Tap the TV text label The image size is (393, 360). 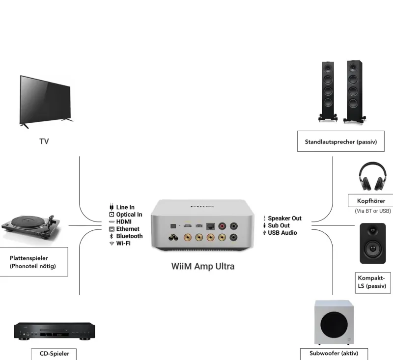44,141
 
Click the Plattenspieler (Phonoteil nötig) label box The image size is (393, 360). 33,262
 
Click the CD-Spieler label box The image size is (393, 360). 54,354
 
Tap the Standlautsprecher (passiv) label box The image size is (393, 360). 340,142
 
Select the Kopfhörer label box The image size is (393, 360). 371,201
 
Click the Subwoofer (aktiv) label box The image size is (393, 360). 334,354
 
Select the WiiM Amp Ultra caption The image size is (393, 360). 202,267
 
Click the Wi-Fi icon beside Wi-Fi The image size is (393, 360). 112,244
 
